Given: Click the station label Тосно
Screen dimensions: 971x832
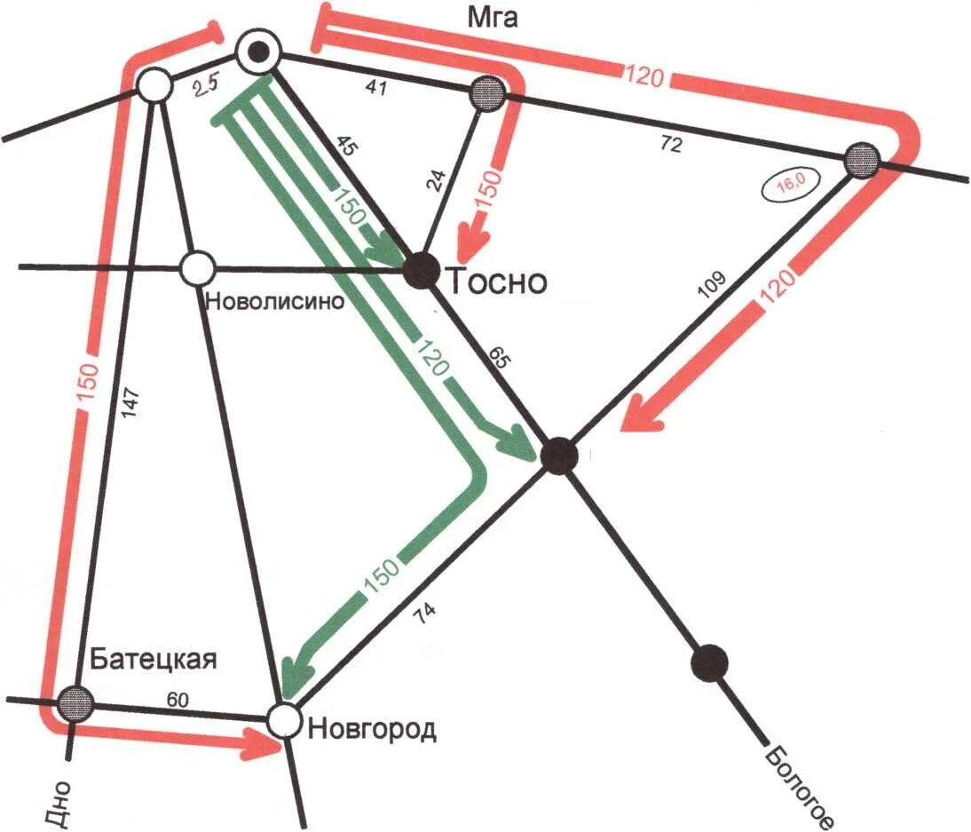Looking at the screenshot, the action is pyautogui.click(x=497, y=282).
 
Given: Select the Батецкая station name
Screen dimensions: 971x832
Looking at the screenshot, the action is pyautogui.click(x=154, y=659).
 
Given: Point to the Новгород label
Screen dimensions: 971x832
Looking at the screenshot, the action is pyautogui.click(x=372, y=730).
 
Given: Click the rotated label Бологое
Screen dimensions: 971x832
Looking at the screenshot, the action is pyautogui.click(x=798, y=786).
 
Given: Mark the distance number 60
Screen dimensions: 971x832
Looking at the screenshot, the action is pyautogui.click(x=178, y=700).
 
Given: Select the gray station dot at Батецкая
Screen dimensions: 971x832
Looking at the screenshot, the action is pyautogui.click(x=75, y=703).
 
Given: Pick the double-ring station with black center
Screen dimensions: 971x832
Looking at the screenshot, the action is pyautogui.click(x=258, y=52).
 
